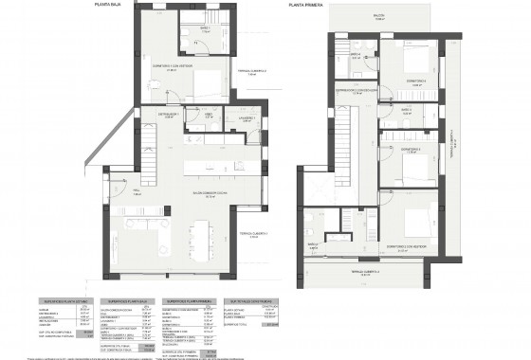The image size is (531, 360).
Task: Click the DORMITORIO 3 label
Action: [x=409, y=151]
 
